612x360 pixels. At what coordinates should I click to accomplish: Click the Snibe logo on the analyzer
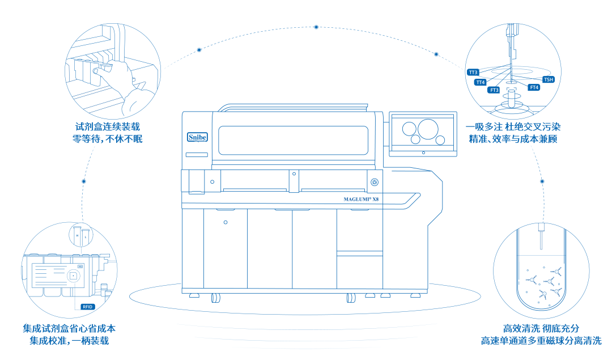[197, 137]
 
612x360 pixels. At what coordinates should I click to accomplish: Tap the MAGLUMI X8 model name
[360, 200]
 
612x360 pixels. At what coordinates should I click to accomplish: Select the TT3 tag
[473, 72]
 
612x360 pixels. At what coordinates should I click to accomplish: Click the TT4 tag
[480, 82]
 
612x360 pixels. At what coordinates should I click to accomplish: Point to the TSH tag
[549, 79]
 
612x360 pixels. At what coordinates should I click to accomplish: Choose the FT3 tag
[494, 90]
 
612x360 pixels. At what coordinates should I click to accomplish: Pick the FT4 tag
[534, 87]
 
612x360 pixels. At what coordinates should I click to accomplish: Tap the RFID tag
[87, 307]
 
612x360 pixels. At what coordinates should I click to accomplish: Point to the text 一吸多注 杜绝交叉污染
[513, 126]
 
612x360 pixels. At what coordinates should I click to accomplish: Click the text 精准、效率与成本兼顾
[513, 139]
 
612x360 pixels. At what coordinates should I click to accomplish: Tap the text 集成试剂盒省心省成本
[69, 328]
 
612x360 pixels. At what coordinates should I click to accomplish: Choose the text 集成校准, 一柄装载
[69, 341]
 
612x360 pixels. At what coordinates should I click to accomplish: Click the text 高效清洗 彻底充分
[541, 328]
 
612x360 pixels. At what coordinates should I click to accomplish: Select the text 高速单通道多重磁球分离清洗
[541, 341]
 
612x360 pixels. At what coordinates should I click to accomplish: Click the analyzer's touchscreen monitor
[423, 134]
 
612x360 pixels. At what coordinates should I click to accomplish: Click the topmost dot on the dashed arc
[316, 27]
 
